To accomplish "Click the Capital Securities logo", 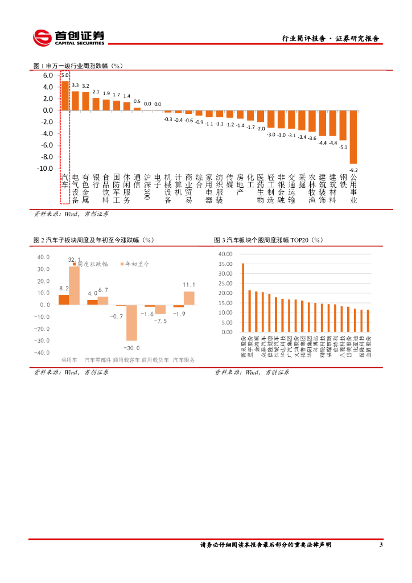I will tap(69, 38).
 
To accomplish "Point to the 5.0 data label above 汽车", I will tap(65, 75).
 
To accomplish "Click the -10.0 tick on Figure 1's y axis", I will tap(46, 169).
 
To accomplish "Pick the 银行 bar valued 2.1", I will tap(96, 104).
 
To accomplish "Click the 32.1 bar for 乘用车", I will tap(74, 285).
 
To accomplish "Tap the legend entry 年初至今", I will tap(135, 264).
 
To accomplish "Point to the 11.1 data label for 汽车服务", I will tap(189, 285).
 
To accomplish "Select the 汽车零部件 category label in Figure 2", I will tap(97, 360).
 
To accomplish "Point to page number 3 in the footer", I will tap(381, 545).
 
